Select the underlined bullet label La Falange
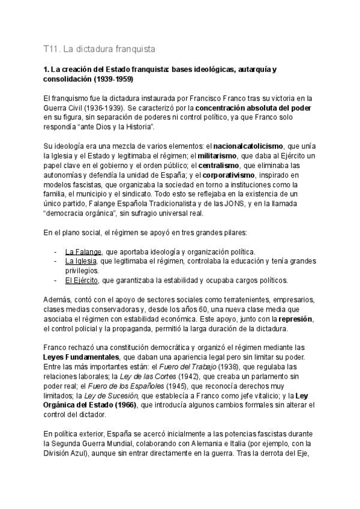coord(83,251)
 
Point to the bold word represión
coord(296,319)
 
